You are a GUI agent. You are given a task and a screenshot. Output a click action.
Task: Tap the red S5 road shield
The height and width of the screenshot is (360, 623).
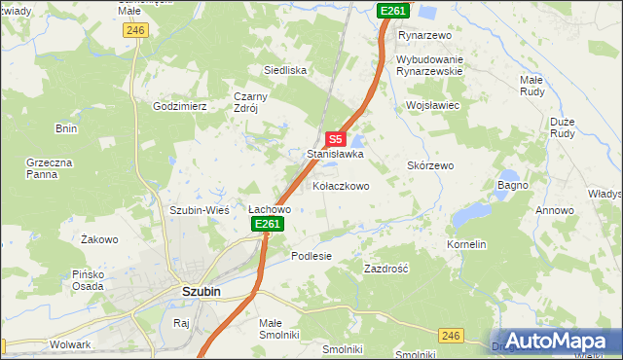[335, 139]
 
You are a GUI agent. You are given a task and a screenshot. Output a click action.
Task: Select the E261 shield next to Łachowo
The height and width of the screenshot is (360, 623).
[269, 225]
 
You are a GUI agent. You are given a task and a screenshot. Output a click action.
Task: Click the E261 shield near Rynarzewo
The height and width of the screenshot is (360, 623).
[393, 10]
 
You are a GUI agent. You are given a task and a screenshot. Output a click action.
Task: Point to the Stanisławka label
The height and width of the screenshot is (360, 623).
[335, 154]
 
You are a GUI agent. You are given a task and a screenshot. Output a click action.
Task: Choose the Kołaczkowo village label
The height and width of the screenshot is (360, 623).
[341, 186]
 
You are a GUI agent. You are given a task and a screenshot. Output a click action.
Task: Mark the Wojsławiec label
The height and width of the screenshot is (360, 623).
[432, 104]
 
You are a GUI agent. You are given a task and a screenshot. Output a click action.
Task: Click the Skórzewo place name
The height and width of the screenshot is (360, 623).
[430, 166]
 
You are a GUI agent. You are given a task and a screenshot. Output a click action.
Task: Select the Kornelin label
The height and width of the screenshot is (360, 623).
[466, 244]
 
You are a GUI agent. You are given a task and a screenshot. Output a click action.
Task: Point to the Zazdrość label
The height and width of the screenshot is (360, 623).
[385, 268]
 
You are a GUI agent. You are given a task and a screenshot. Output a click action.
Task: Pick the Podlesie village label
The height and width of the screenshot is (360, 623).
[311, 256]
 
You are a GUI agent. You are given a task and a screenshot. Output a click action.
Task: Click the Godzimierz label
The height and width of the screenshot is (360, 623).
[180, 106]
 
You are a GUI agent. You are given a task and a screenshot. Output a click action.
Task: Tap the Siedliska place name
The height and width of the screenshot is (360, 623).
[286, 70]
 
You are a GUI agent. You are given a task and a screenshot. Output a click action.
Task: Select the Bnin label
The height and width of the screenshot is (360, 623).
[66, 128]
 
